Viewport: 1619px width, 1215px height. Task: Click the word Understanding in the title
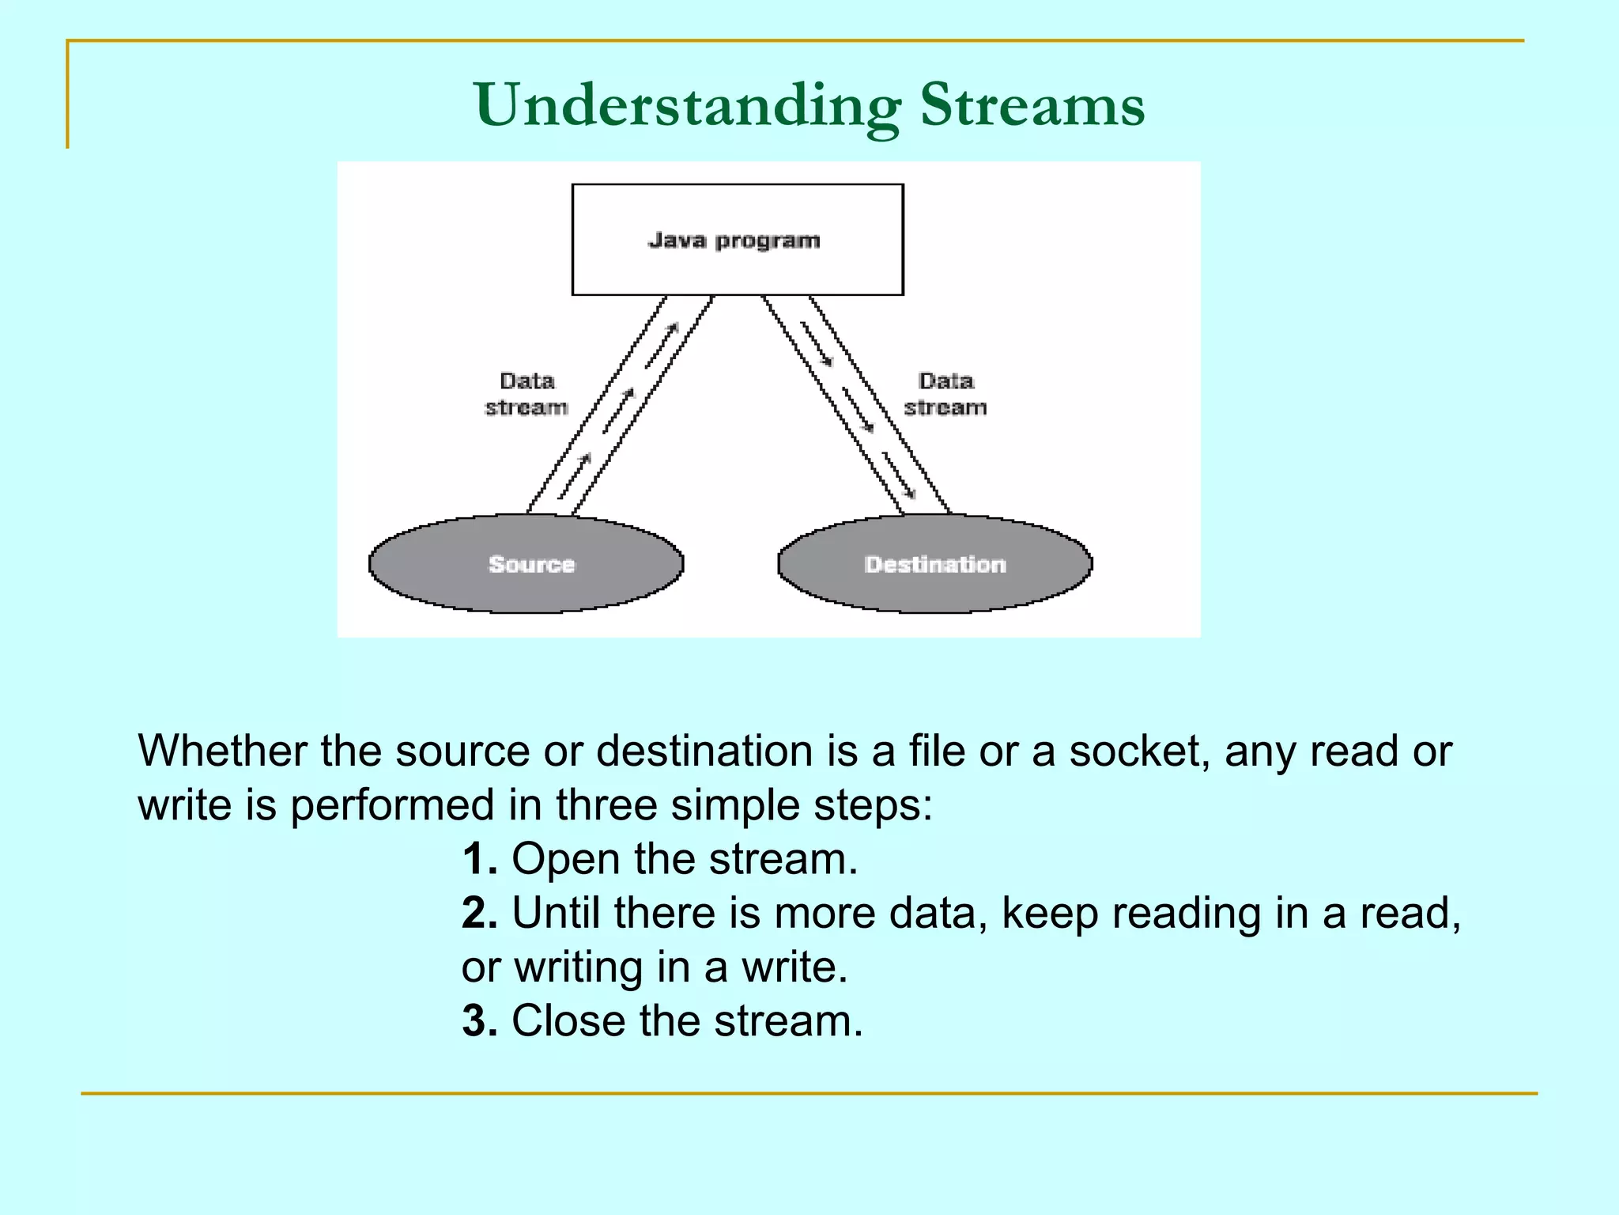(x=686, y=106)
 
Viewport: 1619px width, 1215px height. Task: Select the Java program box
(x=737, y=240)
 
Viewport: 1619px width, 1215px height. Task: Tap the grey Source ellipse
(x=526, y=564)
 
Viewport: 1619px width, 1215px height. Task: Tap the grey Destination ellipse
(x=935, y=564)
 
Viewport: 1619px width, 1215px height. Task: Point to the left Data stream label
(x=526, y=394)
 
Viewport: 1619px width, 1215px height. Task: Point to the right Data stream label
(x=945, y=394)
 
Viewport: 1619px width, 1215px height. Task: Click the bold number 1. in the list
(x=479, y=859)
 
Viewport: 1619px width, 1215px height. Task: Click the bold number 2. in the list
(x=479, y=913)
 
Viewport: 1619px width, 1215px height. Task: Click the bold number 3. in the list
(x=479, y=1020)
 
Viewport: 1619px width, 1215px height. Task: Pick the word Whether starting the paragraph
(x=222, y=751)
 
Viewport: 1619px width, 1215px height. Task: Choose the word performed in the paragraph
(x=392, y=806)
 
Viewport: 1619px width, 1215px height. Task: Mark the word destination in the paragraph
(x=704, y=751)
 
